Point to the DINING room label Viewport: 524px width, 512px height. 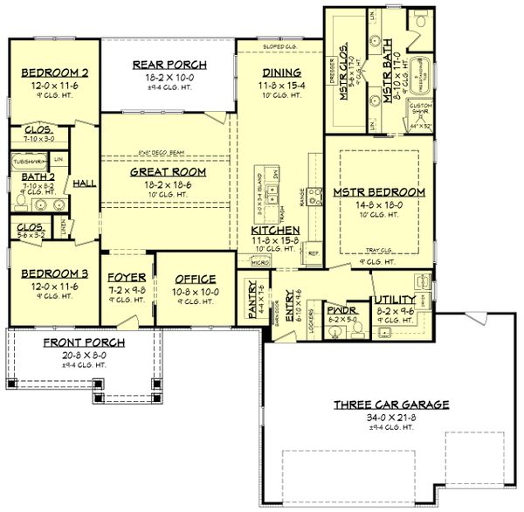[280, 72]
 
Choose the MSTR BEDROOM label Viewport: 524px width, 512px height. [378, 191]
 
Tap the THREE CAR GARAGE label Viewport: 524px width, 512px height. [391, 405]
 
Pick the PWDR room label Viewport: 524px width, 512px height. [339, 309]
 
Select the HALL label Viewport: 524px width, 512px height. [85, 184]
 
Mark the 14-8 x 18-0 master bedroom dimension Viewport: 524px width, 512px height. [378, 204]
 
